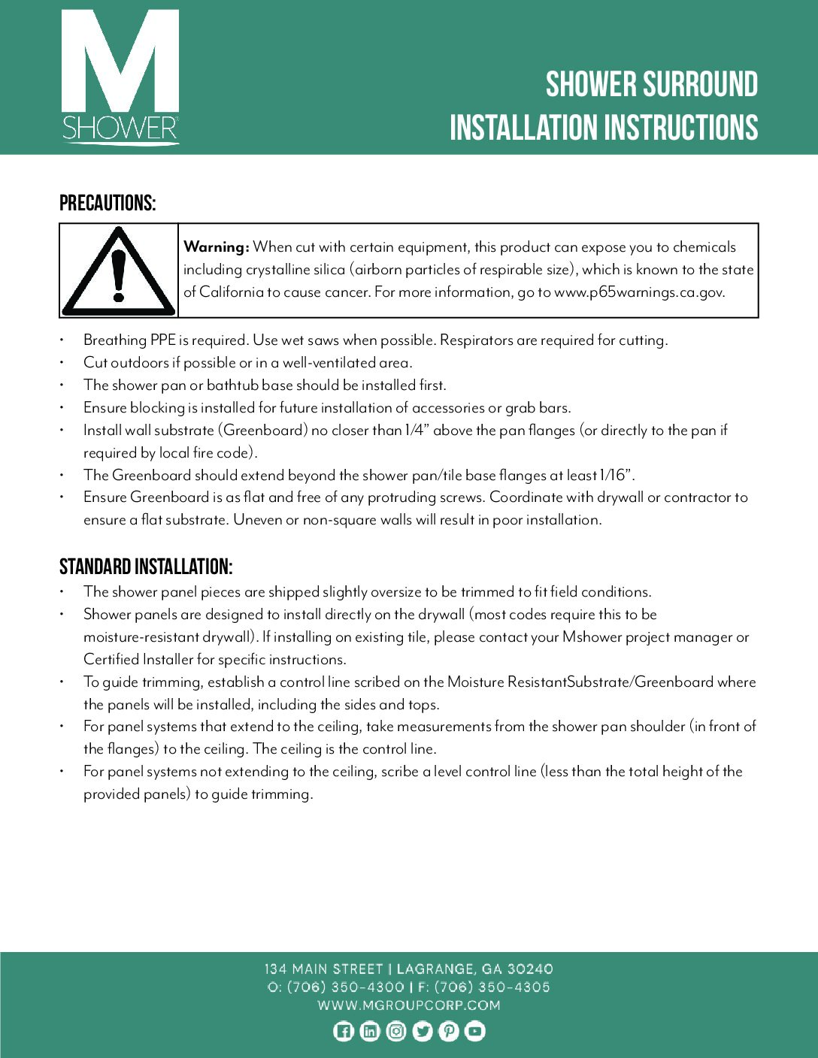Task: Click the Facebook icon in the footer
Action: [x=344, y=1032]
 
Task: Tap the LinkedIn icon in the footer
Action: [x=370, y=1032]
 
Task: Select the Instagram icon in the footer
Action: [x=396, y=1032]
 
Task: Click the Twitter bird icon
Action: [x=423, y=1032]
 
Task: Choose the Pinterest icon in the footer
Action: [x=449, y=1032]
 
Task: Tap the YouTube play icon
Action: [x=475, y=1032]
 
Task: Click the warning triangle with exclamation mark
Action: [x=118, y=272]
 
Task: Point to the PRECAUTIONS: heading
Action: [x=108, y=204]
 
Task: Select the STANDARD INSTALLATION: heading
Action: [x=146, y=567]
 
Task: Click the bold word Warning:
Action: [x=216, y=247]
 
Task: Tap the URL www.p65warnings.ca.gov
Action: [x=639, y=292]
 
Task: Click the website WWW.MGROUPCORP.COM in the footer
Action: [x=409, y=1005]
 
